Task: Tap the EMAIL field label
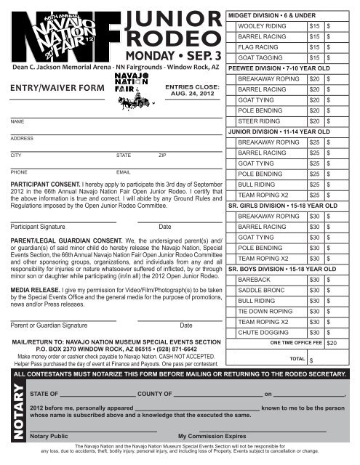coord(123,173)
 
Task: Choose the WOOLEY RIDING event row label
coord(261,26)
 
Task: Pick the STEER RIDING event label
coord(258,121)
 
